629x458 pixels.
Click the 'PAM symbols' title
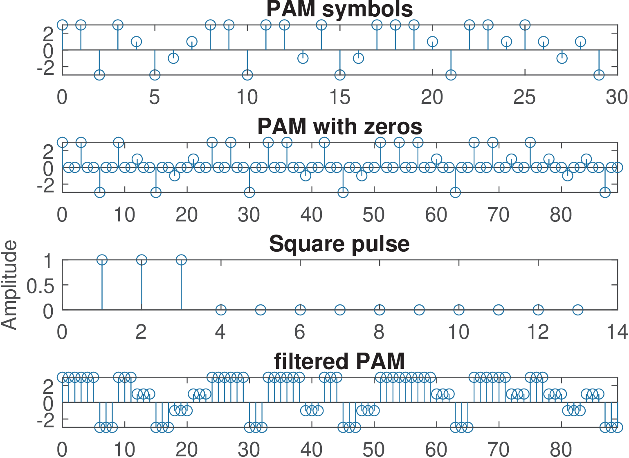point(339,9)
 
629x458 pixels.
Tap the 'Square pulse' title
point(339,244)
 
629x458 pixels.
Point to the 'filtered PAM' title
point(339,361)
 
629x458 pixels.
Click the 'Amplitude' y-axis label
point(9,285)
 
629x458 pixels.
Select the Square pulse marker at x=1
point(102,260)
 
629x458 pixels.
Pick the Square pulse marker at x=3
point(181,260)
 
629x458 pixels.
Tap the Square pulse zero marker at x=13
point(577,310)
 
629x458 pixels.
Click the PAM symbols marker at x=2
point(99,75)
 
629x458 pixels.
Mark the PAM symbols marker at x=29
point(599,75)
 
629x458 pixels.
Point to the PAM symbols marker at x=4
point(136,42)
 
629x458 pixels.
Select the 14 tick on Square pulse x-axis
point(617,332)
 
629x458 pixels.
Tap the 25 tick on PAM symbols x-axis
point(525,97)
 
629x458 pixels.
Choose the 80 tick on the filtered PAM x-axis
point(561,449)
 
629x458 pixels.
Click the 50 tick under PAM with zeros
point(373,215)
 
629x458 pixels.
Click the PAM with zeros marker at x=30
point(249,192)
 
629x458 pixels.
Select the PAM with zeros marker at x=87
point(605,192)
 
